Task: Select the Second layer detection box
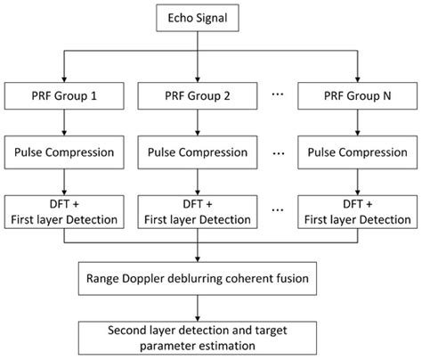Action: pos(207,334)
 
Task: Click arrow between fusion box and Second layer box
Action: pos(207,306)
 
